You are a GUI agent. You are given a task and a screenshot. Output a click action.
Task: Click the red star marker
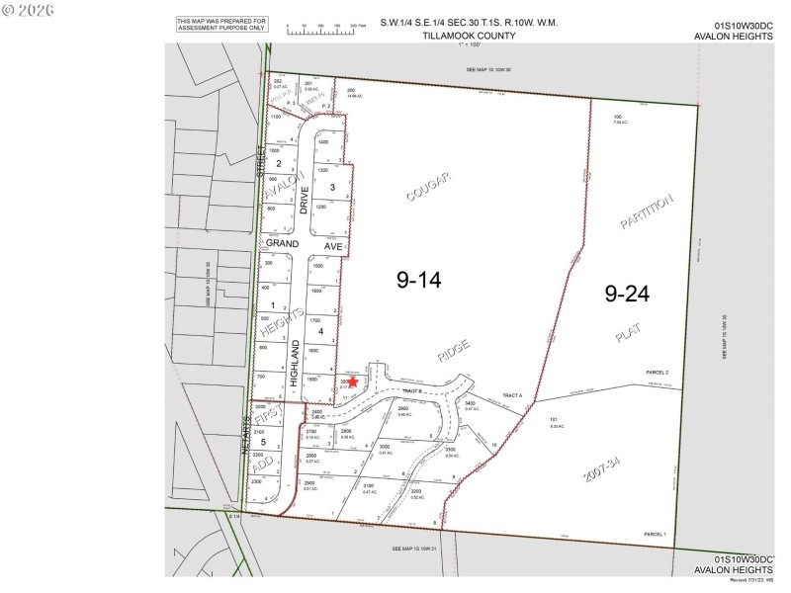coord(353,382)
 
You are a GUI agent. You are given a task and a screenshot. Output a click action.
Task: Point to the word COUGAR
coord(428,187)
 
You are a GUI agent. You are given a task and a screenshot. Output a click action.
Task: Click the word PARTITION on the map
coord(648,212)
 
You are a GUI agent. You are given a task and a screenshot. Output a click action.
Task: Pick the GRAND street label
coord(282,242)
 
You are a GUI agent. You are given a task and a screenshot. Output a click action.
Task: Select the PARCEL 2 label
coord(658,373)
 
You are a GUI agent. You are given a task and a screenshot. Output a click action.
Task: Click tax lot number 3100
coord(369,485)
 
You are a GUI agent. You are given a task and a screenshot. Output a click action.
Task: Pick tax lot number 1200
coord(322,207)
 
